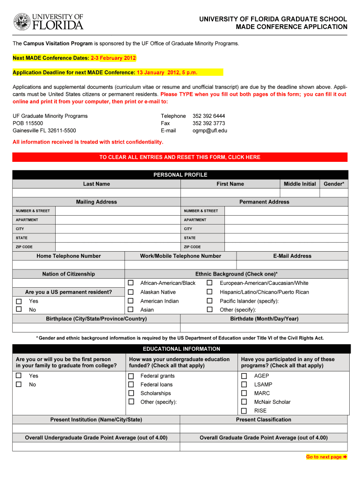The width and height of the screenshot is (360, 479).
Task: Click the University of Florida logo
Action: pyautogui.click(x=48, y=22)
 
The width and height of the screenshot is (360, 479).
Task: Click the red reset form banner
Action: pyautogui.click(x=180, y=157)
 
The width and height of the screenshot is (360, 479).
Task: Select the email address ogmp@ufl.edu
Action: pyautogui.click(x=209, y=131)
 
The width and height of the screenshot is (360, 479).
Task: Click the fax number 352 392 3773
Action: pyautogui.click(x=209, y=123)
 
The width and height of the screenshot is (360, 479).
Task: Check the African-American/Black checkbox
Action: pyautogui.click(x=131, y=283)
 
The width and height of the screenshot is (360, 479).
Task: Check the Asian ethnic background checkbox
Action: pyautogui.click(x=131, y=310)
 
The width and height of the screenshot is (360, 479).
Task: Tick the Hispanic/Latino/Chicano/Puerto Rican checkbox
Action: pyautogui.click(x=210, y=292)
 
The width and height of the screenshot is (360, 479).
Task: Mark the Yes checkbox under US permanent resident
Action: pyautogui.click(x=19, y=301)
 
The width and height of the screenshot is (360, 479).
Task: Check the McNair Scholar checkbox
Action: pyautogui.click(x=244, y=402)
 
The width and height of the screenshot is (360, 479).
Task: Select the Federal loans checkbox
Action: pyautogui.click(x=131, y=385)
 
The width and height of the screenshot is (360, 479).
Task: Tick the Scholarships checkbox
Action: pyautogui.click(x=131, y=393)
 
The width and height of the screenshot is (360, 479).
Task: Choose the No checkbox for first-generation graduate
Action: pyautogui.click(x=19, y=385)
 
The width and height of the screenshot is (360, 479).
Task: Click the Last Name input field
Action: pyautogui.click(x=96, y=193)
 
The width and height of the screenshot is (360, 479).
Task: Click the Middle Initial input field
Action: pyautogui.click(x=300, y=193)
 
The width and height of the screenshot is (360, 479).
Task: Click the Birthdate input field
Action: pyautogui.click(x=264, y=328)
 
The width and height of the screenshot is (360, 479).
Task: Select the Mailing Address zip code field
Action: pyautogui.click(x=117, y=247)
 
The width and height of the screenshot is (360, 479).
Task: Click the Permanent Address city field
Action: pyautogui.click(x=286, y=229)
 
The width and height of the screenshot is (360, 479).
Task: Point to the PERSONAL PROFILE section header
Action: pyautogui.click(x=180, y=175)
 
